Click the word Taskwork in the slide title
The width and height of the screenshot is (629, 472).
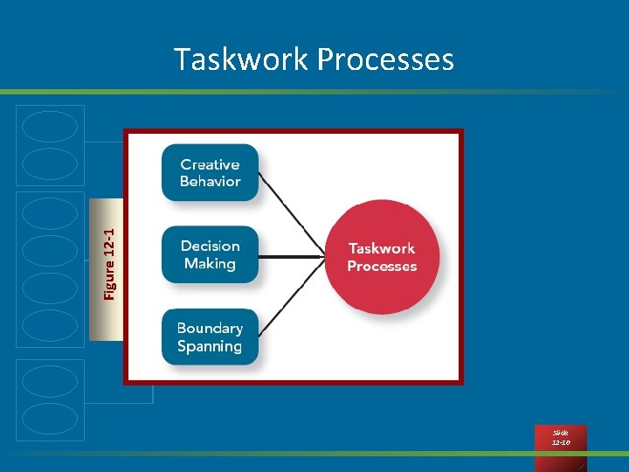pyautogui.click(x=241, y=59)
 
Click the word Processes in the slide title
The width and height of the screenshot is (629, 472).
pyautogui.click(x=385, y=59)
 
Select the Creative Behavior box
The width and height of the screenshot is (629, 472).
pyautogui.click(x=210, y=173)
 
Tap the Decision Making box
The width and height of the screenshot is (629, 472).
pyautogui.click(x=210, y=254)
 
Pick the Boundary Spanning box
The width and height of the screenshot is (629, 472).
pyautogui.click(x=210, y=337)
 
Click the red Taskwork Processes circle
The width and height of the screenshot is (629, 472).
pyautogui.click(x=382, y=257)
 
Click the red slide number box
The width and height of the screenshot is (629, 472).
pyautogui.click(x=560, y=438)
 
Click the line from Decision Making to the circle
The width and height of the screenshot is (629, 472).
pyautogui.click(x=292, y=257)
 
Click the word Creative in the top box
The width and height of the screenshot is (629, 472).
pyautogui.click(x=210, y=164)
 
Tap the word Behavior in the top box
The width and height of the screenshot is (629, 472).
pyautogui.click(x=210, y=182)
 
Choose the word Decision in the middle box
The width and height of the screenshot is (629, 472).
pyautogui.click(x=210, y=246)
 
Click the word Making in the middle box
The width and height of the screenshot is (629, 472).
pyautogui.click(x=210, y=263)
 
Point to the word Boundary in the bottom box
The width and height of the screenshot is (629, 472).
pyautogui.click(x=210, y=329)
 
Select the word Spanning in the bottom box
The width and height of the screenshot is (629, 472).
pyautogui.click(x=210, y=346)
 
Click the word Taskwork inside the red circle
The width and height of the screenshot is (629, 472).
pyautogui.click(x=382, y=249)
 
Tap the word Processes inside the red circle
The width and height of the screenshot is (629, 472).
pyautogui.click(x=382, y=267)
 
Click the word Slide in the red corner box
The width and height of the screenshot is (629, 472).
pyautogui.click(x=560, y=433)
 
